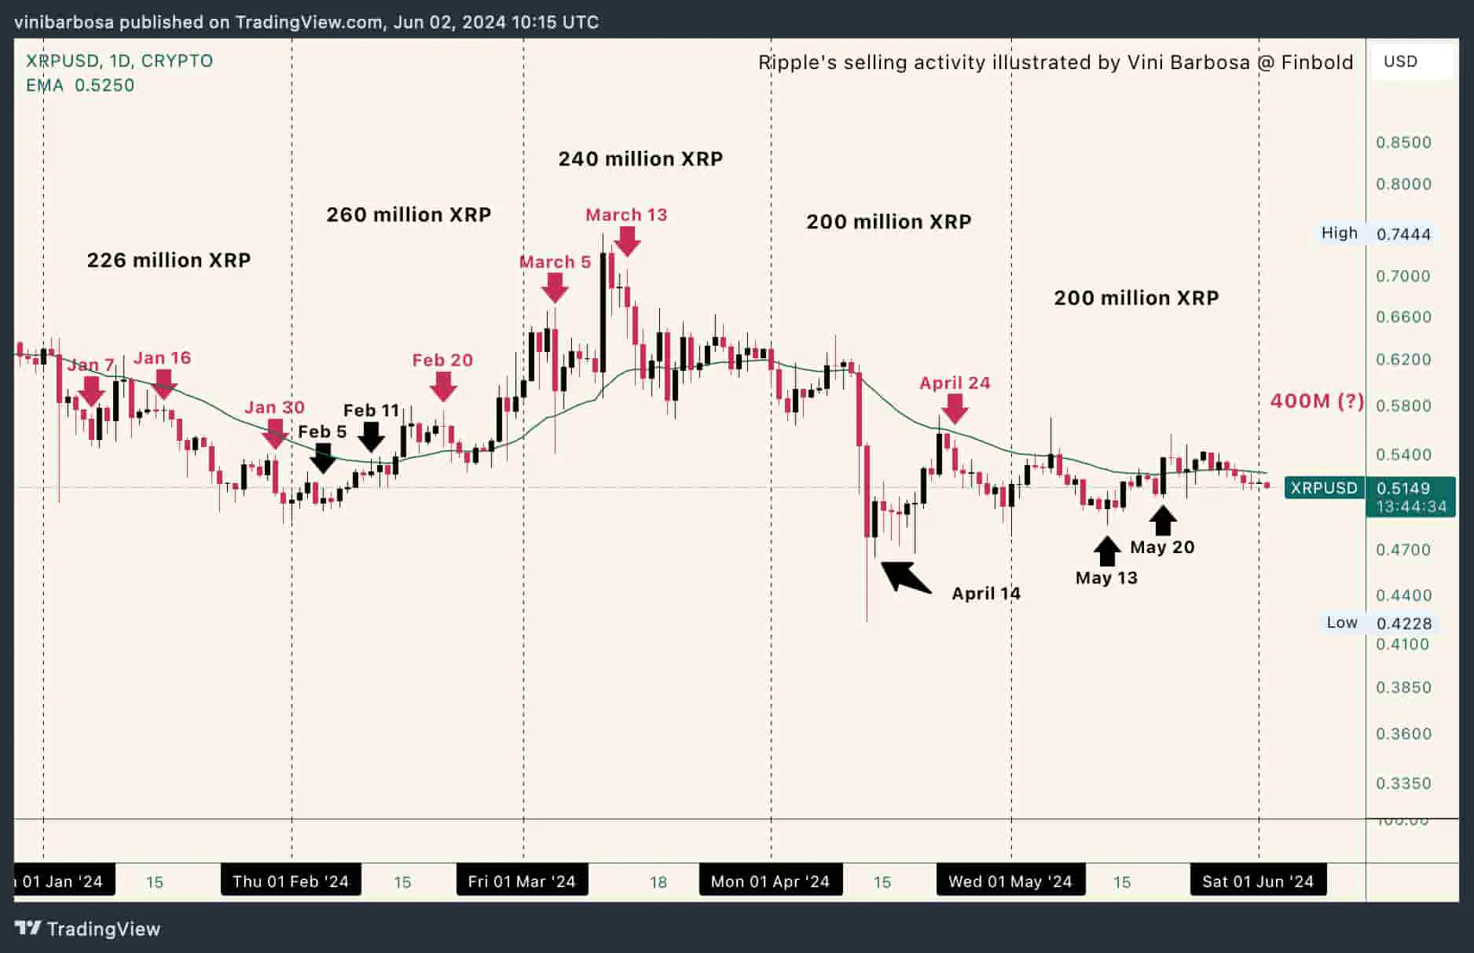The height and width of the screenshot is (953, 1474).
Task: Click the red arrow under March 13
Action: point(626,241)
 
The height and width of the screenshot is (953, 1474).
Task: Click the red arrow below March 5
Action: point(555,288)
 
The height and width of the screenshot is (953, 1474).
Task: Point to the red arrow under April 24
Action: point(955,409)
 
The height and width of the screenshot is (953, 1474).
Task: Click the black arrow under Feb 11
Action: point(371,437)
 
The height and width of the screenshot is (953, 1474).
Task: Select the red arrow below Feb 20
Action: point(443,386)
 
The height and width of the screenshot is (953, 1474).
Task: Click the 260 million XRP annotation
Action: point(409,214)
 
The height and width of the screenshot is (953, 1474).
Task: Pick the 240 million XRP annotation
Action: point(640,159)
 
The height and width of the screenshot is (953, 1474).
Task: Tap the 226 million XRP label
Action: point(169,260)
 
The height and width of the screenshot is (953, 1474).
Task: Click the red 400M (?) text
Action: point(1317,401)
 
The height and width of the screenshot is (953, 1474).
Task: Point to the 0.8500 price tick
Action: point(1403,142)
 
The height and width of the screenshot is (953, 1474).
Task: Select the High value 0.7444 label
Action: point(1403,234)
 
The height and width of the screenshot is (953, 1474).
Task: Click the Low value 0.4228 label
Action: point(1403,623)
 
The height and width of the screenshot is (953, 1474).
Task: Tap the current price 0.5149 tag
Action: point(1403,488)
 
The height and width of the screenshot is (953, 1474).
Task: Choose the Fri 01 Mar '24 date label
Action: point(522,882)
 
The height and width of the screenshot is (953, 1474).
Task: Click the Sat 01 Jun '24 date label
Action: point(1257,882)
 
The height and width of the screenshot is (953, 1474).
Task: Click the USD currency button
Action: point(1401,61)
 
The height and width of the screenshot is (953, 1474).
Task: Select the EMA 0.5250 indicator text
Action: point(80,85)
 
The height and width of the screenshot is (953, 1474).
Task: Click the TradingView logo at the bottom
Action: point(88,929)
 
